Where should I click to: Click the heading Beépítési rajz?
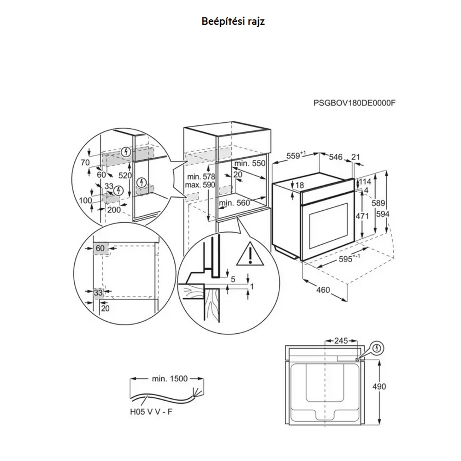coord(233,22)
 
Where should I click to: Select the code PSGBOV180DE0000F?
coord(354,103)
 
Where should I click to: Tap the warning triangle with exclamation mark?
coord(250,253)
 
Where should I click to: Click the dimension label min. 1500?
coord(170,378)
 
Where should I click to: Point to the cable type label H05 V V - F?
coord(151,412)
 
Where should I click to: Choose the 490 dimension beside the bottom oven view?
coord(379,386)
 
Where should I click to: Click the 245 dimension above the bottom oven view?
coord(341,341)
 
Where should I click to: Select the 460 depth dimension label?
coord(323,290)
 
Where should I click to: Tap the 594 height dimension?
coord(383,214)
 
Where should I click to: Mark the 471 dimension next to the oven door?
coord(362,216)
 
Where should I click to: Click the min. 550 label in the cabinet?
coord(250,164)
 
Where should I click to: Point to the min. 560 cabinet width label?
coord(234,203)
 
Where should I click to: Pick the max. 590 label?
coord(200,185)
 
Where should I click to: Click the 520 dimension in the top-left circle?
coord(125,176)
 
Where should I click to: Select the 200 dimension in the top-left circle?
coord(114,210)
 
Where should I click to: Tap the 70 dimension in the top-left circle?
coord(85,163)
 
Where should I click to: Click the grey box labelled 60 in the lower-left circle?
coord(100,248)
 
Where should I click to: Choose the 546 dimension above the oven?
coord(336,157)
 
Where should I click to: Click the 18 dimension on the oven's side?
coord(300,185)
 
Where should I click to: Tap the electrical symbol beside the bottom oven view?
coord(377,349)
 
